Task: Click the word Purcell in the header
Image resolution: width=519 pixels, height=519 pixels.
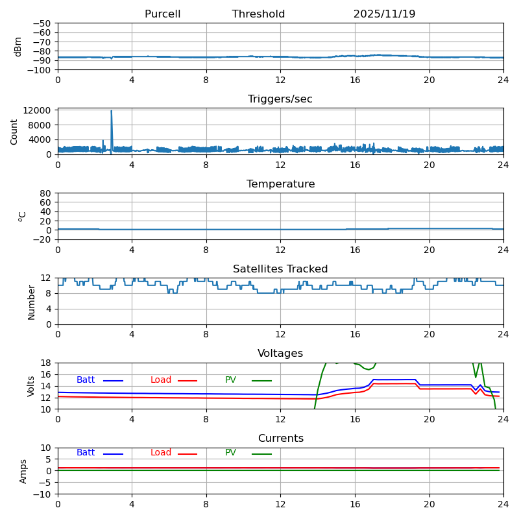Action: click(x=162, y=14)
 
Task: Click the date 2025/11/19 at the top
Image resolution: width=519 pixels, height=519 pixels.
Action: click(x=384, y=14)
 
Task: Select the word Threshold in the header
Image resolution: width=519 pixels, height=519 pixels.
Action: click(x=258, y=14)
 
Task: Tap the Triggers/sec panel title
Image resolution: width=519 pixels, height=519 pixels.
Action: click(x=280, y=99)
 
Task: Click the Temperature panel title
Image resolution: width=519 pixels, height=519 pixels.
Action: click(x=280, y=184)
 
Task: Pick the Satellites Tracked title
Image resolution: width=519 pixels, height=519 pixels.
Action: click(x=280, y=269)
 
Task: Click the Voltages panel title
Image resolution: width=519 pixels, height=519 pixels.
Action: click(x=280, y=354)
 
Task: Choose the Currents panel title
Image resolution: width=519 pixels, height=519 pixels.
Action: click(x=280, y=439)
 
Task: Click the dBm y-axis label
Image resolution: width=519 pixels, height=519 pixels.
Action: click(x=18, y=46)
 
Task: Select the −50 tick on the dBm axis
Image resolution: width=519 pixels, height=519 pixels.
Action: click(x=43, y=23)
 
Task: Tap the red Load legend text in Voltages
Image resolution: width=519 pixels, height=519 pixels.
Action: click(x=161, y=380)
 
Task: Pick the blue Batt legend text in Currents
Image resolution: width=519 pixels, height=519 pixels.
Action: click(x=86, y=453)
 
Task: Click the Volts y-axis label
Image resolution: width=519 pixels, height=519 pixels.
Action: click(x=31, y=386)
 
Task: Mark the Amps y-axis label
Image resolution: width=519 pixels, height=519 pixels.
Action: click(x=23, y=471)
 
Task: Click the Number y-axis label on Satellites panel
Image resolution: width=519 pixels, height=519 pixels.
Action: click(x=31, y=302)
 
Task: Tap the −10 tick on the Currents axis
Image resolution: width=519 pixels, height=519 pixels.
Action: click(x=43, y=494)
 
